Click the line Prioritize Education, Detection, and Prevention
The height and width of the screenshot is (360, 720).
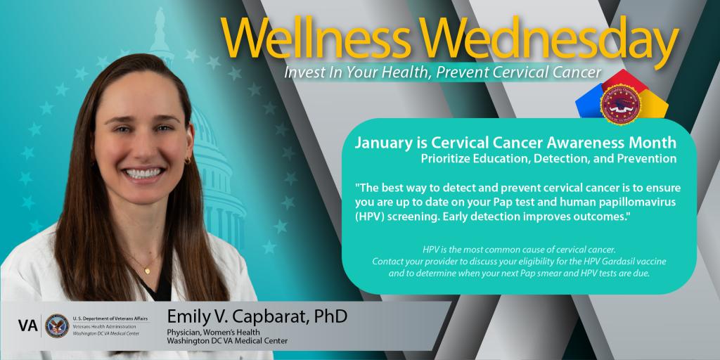548,159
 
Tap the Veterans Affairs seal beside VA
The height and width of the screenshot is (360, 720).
56,326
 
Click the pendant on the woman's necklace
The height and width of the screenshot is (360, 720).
148,269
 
